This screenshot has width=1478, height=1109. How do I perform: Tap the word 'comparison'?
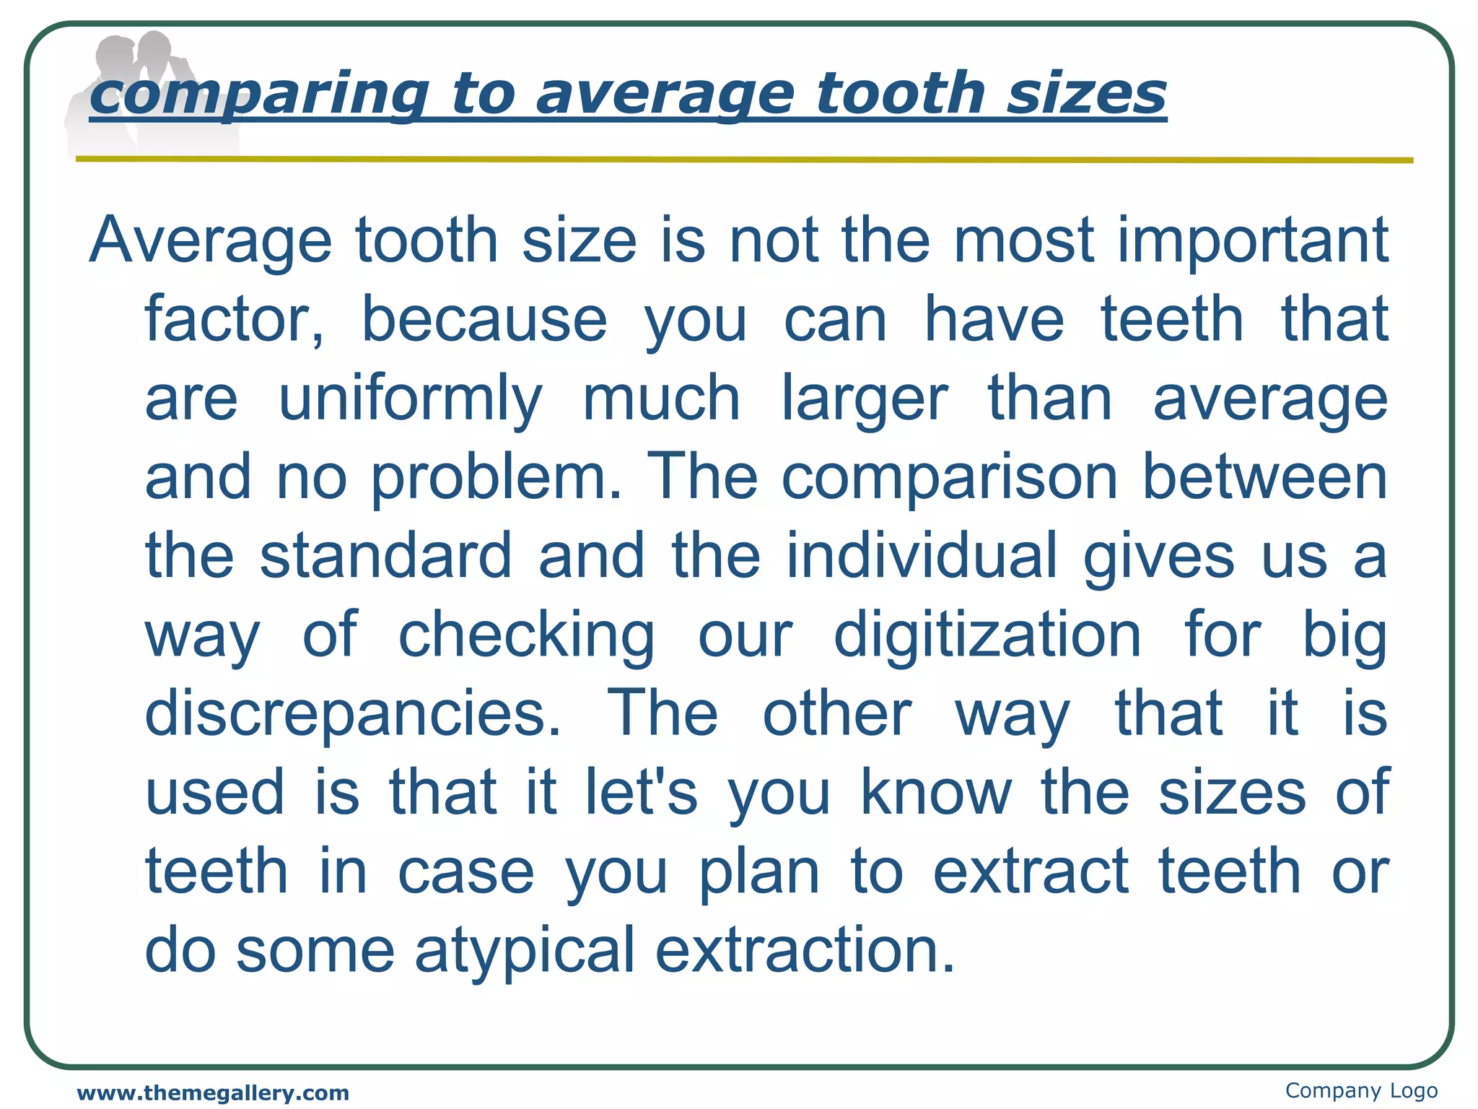click(950, 477)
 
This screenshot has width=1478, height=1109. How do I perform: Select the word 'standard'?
click(386, 555)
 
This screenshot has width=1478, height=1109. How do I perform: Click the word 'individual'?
click(922, 555)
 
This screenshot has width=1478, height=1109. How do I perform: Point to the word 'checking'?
click(526, 635)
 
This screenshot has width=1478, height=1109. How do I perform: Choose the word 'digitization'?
click(987, 635)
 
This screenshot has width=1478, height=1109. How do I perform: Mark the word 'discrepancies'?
click(352, 713)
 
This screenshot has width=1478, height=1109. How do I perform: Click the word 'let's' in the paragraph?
click(641, 792)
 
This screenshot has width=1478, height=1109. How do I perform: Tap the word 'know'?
click(936, 792)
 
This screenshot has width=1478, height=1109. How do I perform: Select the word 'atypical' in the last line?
click(525, 949)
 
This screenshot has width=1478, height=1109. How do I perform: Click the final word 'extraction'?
click(805, 949)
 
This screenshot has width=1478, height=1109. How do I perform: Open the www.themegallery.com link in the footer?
click(213, 1093)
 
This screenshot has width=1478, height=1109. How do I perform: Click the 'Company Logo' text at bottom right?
click(1361, 1090)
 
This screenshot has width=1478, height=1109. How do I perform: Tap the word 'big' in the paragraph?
click(1344, 635)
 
